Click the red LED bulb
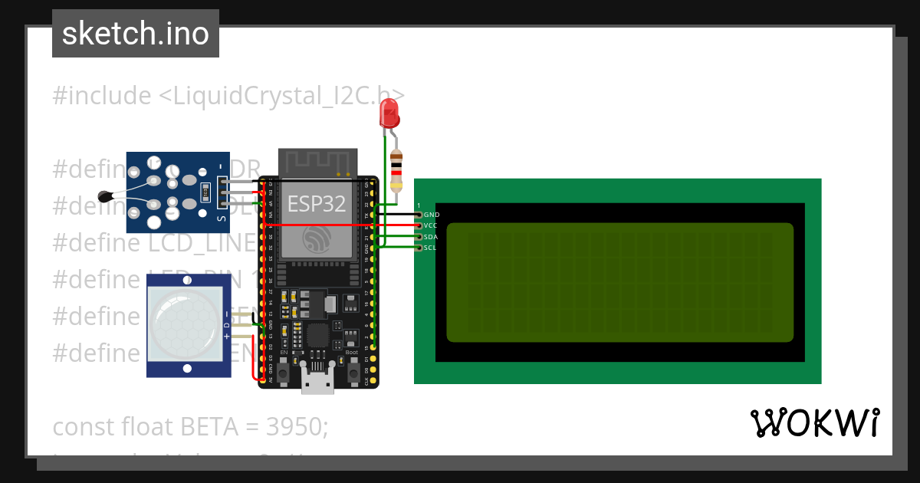point(389,115)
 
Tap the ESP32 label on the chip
point(317,204)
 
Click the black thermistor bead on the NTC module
point(106,195)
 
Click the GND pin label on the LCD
point(431,215)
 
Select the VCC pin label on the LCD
point(431,225)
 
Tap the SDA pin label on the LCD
point(431,237)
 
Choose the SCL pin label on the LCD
point(431,248)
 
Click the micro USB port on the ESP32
point(317,381)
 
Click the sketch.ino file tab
point(136,34)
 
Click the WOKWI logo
point(814,423)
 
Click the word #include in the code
point(102,96)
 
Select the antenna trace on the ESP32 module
point(317,162)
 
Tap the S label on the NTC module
point(222,221)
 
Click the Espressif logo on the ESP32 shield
point(317,240)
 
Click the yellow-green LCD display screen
point(619,282)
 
